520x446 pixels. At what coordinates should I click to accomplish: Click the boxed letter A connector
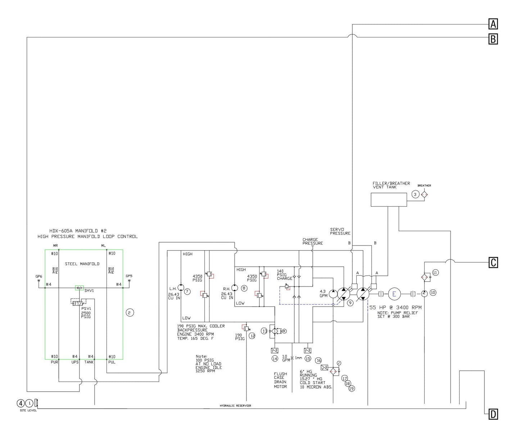point(493,24)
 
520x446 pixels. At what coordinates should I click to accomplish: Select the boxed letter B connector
point(493,39)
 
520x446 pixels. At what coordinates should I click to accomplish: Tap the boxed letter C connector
point(493,263)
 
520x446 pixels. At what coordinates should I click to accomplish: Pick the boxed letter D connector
point(493,414)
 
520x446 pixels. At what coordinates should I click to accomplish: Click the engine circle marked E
point(394,294)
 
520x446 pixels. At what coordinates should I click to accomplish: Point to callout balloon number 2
point(130,312)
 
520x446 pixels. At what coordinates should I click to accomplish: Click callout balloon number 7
point(187,291)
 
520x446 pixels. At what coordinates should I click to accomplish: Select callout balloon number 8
point(244,288)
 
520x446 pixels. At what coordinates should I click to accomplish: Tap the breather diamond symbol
point(424,194)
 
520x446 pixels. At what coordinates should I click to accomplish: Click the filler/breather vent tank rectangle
point(389,199)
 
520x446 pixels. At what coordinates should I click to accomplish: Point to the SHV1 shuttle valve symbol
point(79,288)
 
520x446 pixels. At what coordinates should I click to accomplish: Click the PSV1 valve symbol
point(77,303)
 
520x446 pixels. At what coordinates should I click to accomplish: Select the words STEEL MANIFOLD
point(82,264)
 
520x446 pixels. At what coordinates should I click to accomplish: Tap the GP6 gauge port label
point(39,276)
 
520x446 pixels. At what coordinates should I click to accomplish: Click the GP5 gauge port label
point(129,276)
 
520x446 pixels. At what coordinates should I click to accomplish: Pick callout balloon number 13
point(265,331)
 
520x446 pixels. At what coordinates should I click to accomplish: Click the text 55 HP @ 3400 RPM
point(395,307)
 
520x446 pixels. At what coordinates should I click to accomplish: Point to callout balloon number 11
point(435,272)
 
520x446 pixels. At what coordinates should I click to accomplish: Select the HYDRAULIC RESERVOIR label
point(235,406)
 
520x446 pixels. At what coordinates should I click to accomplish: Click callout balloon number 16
point(318,360)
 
